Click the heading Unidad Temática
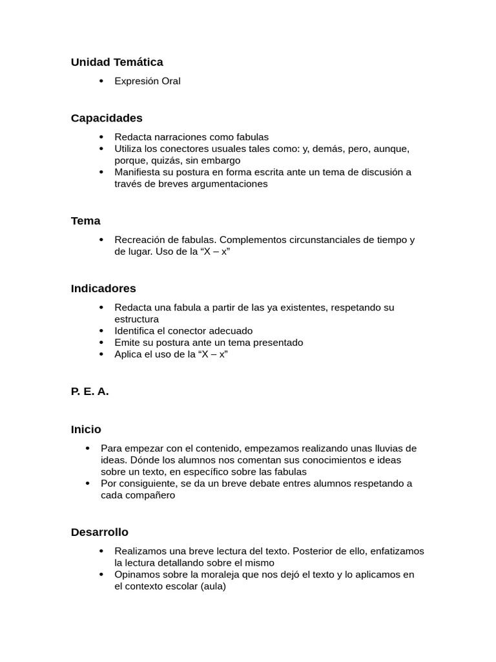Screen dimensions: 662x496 [x=117, y=62]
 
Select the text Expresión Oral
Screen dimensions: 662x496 [x=147, y=81]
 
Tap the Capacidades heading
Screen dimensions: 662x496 [x=107, y=118]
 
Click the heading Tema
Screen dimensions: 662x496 [x=85, y=220]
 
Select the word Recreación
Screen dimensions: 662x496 [x=141, y=240]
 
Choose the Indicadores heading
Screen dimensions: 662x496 [x=103, y=288]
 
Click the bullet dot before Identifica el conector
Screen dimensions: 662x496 [x=101, y=331]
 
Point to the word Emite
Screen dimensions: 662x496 [x=127, y=343]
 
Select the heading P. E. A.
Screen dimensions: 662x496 [x=90, y=391]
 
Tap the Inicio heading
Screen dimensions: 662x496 [x=86, y=429]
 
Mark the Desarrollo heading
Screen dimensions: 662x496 [x=99, y=532]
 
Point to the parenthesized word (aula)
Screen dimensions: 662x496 [x=213, y=586]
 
